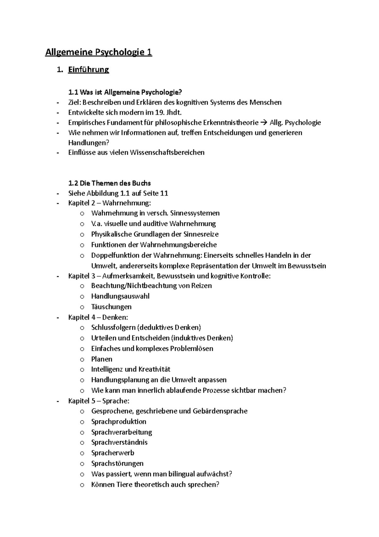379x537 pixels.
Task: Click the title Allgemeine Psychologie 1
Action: click(x=99, y=52)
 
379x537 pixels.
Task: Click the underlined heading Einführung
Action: click(x=88, y=70)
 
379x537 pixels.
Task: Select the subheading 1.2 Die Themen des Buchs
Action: click(x=109, y=183)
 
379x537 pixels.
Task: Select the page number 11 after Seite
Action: click(x=164, y=193)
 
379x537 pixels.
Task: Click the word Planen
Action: click(x=102, y=359)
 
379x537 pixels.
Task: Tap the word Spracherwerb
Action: click(x=113, y=453)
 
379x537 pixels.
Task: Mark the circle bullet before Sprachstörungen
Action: click(x=82, y=464)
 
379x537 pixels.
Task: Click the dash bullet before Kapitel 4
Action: click(x=57, y=317)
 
